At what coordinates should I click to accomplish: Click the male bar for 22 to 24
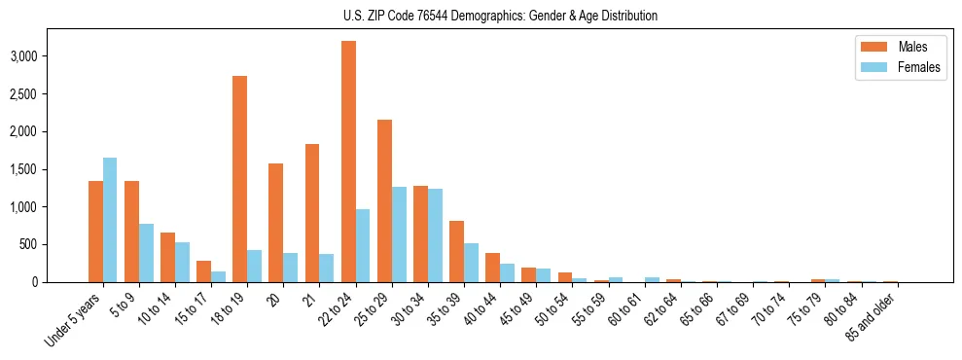click(348, 162)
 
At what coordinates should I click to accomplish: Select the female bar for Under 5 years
click(110, 220)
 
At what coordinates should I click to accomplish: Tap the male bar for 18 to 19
click(239, 179)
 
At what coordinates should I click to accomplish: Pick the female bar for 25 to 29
click(399, 234)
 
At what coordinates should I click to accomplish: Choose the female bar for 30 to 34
click(435, 235)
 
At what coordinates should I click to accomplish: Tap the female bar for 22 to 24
click(363, 245)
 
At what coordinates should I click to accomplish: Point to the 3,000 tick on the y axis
click(22, 56)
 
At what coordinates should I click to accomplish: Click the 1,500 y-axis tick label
click(22, 169)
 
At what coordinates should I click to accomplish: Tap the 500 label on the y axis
click(28, 244)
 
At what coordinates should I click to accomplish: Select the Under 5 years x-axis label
click(74, 322)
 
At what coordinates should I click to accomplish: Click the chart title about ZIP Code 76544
click(500, 16)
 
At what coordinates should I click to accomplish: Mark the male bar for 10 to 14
click(167, 258)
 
